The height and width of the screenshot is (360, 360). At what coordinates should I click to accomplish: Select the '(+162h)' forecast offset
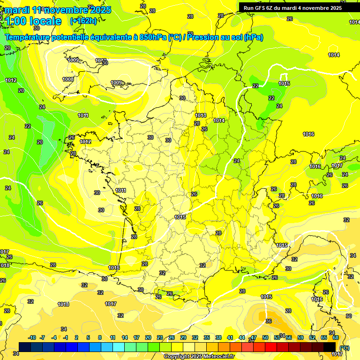point(83,21)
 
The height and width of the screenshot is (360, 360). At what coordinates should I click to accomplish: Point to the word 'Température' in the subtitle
point(29,37)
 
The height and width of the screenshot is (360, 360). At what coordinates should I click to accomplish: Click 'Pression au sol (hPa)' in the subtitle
point(225,37)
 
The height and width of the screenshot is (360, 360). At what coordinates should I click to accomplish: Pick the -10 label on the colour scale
point(32,337)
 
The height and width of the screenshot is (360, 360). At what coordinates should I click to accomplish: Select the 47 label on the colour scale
point(254,337)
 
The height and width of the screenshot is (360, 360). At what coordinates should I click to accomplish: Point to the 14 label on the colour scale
point(125,337)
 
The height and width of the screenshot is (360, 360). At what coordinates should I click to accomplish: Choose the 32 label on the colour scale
point(195,337)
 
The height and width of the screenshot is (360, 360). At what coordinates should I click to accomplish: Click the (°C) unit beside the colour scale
point(345,348)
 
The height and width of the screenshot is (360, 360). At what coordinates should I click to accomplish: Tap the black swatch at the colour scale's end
point(330,347)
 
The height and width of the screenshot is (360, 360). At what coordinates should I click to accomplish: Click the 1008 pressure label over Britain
point(68,80)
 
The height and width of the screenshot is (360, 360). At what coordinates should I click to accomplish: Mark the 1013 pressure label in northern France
point(201,115)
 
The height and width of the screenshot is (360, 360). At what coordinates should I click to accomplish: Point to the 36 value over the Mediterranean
point(268,321)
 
